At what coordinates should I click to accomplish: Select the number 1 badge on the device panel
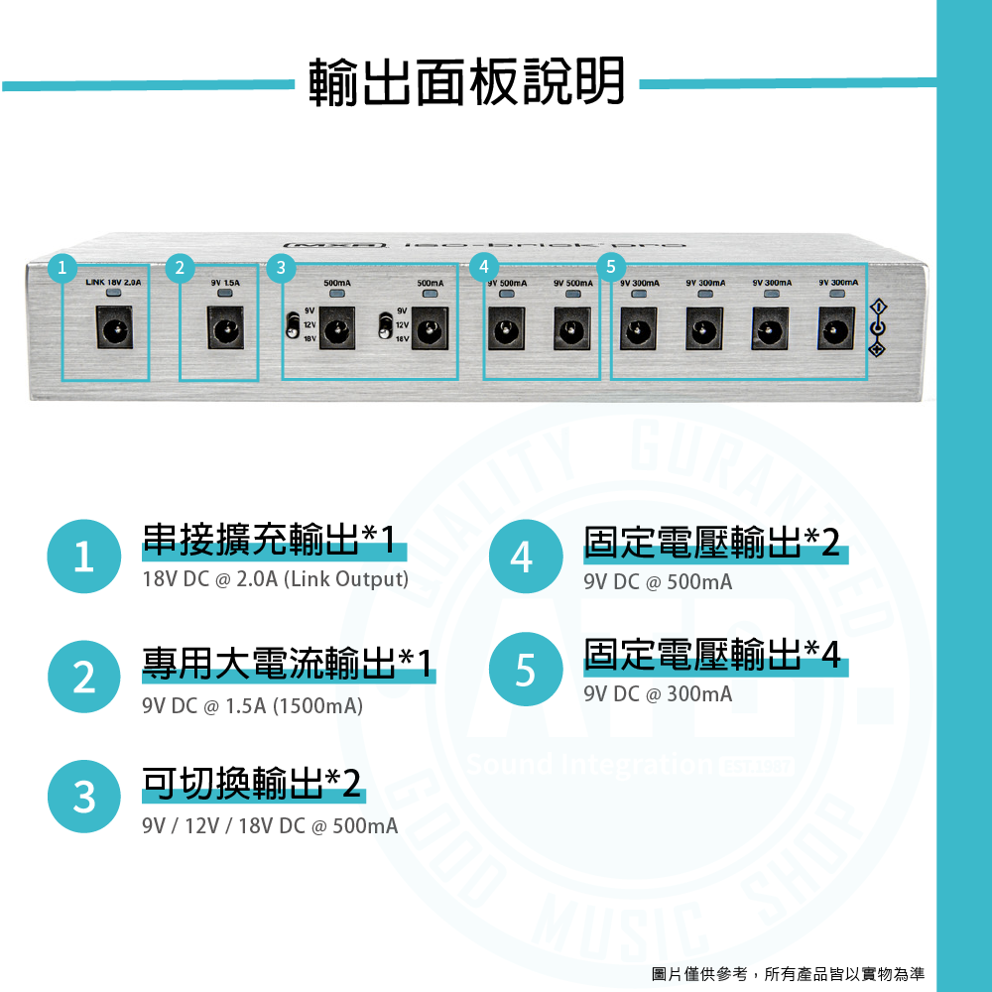(62, 267)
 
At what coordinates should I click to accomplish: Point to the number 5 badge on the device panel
(610, 267)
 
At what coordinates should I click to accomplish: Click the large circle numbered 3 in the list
(84, 797)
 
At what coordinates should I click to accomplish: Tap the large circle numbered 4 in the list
(527, 557)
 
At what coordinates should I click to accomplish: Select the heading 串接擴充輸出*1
(269, 542)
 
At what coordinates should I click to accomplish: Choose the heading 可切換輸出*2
(252, 785)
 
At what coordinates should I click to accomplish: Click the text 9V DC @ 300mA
(658, 694)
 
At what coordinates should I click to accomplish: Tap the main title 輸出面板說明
(467, 81)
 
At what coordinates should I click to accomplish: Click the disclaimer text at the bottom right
(788, 972)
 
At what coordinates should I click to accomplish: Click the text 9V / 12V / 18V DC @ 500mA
(270, 825)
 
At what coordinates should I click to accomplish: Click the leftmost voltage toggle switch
(293, 325)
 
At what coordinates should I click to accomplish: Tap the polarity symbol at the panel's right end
(876, 328)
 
